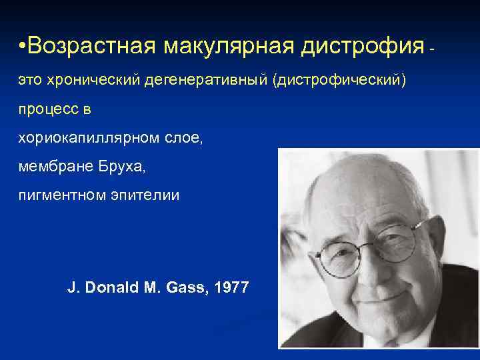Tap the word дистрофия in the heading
(x=361, y=47)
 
